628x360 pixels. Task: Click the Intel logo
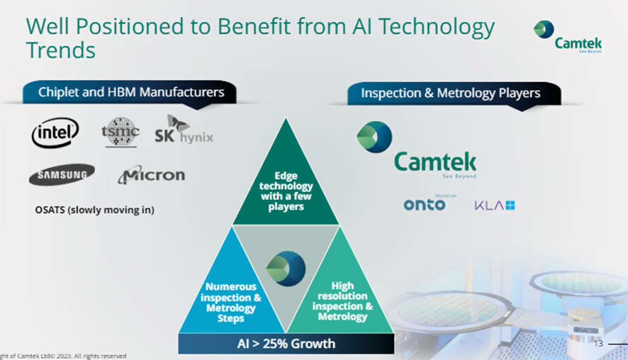[x=55, y=133]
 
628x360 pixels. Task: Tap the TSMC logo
[x=120, y=132]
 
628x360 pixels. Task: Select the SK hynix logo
[x=184, y=130]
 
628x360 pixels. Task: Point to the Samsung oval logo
[x=62, y=174]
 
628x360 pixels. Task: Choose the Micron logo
[x=152, y=175]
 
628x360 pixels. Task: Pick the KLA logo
[x=495, y=206]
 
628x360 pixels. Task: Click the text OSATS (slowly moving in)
[x=94, y=210]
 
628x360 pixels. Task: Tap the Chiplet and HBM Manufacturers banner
[x=130, y=93]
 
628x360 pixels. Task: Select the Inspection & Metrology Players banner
[x=454, y=94]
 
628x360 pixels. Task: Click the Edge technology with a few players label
[x=286, y=191]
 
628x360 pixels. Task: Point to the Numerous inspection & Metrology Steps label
[x=230, y=303]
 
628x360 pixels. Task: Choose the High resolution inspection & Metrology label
[x=342, y=300]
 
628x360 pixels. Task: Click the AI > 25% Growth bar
[x=286, y=344]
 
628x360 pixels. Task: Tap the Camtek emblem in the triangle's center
[x=286, y=269]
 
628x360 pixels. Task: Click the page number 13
[x=598, y=343]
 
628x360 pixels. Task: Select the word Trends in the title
[x=61, y=50]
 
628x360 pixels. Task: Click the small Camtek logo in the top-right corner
[x=568, y=36]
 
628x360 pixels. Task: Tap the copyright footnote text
[x=63, y=356]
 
